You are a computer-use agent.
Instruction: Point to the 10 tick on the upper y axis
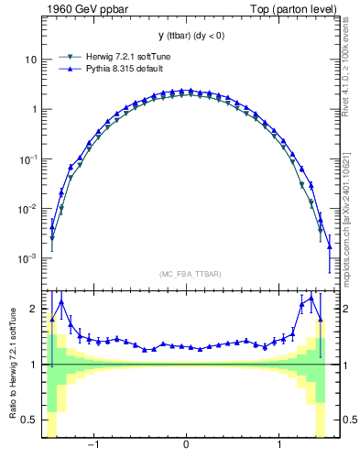pyautogui.click(x=30, y=60)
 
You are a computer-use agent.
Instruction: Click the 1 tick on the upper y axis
pyautogui.click(x=33, y=109)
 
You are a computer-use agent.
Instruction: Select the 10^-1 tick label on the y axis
pyautogui.click(x=28, y=158)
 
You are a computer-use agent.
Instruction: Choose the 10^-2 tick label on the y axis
pyautogui.click(x=28, y=209)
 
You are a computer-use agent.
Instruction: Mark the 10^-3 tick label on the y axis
pyautogui.click(x=28, y=258)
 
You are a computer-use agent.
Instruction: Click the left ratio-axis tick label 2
pyautogui.click(x=34, y=310)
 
